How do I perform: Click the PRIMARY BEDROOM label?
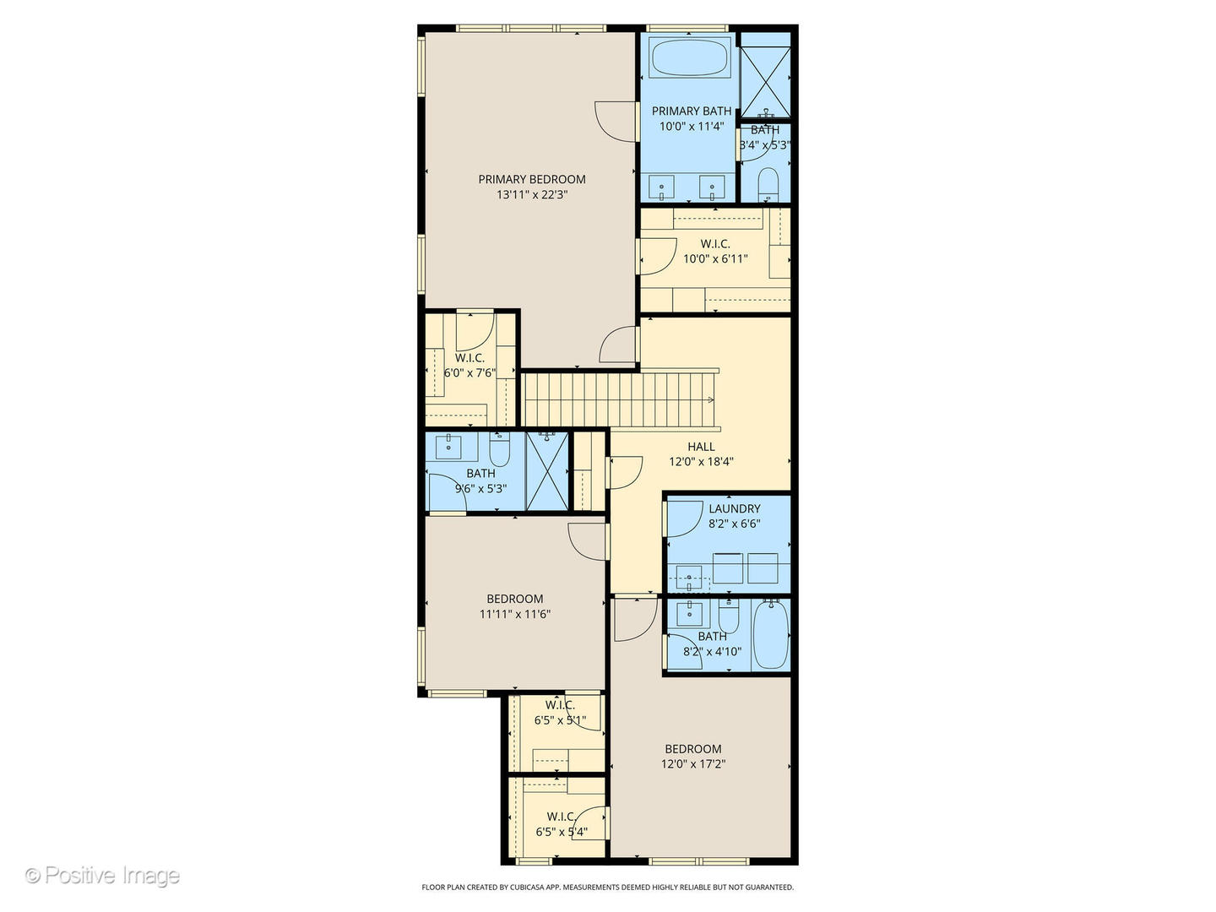(531, 179)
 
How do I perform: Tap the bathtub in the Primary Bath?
(691, 57)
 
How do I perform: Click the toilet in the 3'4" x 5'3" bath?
(768, 184)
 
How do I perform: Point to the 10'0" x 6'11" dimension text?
(715, 259)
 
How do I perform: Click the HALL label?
(701, 447)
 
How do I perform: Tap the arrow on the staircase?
(710, 399)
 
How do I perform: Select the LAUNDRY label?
(734, 508)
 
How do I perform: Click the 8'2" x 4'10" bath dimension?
(712, 651)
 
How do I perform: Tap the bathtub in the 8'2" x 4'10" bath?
(769, 635)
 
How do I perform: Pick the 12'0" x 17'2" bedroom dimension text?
(693, 764)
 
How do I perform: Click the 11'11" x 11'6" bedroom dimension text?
(514, 615)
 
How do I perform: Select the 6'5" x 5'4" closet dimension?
(562, 832)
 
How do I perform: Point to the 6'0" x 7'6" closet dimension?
(470, 372)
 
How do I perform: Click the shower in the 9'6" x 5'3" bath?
(547, 471)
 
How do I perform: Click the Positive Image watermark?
(103, 875)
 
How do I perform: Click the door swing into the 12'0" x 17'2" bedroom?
(633, 619)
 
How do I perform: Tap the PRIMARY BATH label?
(691, 111)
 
